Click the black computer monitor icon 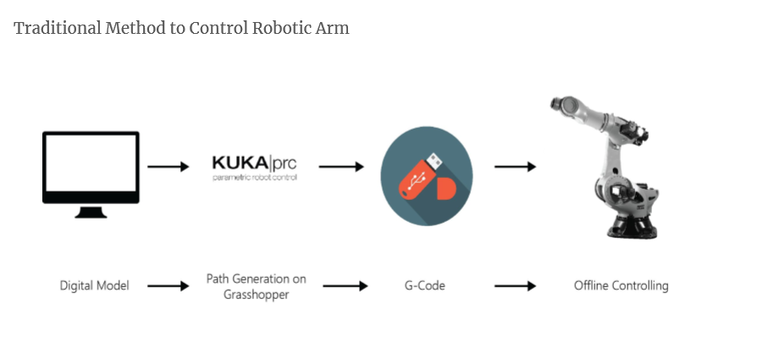click(91, 168)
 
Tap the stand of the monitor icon click(91, 211)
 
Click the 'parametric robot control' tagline click(254, 178)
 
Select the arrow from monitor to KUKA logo click(169, 167)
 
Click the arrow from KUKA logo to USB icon click(341, 167)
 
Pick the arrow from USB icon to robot click(515, 167)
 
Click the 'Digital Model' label click(95, 285)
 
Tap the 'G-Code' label click(425, 285)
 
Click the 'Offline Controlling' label click(621, 285)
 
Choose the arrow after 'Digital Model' click(169, 286)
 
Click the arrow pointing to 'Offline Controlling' click(515, 286)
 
